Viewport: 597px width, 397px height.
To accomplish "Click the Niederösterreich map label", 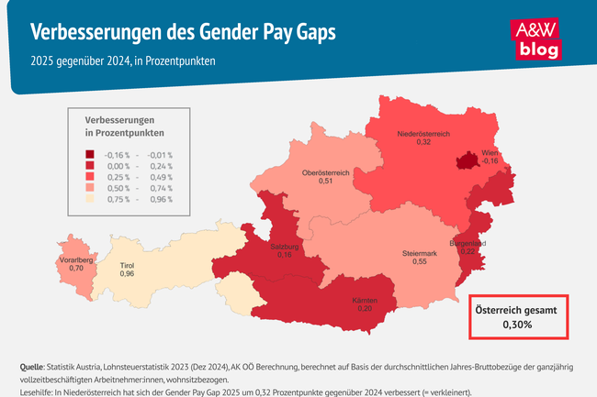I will pos(422,135).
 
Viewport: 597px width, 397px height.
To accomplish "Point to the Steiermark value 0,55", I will pos(420,262).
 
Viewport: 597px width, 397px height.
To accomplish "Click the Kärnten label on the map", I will pos(366,301).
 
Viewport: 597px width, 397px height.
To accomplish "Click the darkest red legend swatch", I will pos(89,155).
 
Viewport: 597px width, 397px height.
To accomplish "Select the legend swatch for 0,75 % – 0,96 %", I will pos(89,199).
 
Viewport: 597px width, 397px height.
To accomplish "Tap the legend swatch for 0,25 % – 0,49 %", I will pos(89,177).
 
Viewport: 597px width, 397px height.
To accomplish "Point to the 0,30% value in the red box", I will pos(521,324).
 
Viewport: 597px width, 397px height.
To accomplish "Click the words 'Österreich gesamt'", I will pos(521,309).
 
